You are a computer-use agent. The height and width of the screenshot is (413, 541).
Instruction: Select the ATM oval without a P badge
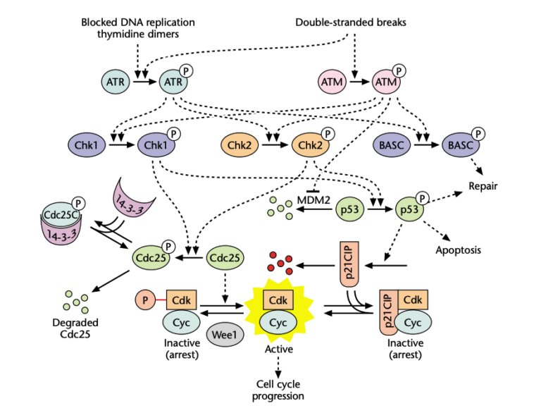(332, 82)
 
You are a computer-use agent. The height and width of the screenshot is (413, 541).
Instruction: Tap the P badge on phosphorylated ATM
(399, 71)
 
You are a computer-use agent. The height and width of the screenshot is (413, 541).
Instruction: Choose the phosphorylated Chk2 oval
(308, 145)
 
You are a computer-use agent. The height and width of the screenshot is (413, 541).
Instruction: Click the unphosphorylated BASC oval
(390, 145)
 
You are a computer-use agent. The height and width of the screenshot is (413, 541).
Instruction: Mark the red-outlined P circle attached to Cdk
(146, 300)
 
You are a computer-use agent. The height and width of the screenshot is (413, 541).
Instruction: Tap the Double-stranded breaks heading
(351, 23)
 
